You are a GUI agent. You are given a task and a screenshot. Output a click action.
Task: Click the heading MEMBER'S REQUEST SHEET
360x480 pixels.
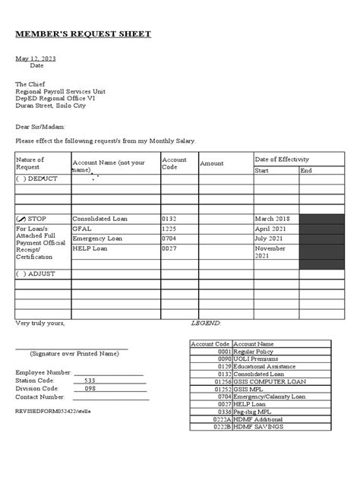(84, 34)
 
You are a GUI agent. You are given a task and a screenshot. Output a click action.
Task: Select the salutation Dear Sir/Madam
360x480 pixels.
(41, 127)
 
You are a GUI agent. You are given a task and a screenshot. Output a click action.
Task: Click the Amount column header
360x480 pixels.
(212, 163)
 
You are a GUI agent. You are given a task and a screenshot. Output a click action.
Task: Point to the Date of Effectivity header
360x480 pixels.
(282, 159)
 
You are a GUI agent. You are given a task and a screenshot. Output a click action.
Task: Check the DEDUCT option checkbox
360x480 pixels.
(21, 178)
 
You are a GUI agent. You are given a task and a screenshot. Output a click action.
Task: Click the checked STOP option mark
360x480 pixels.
(21, 219)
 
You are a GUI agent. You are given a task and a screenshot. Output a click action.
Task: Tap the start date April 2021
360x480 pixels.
(271, 228)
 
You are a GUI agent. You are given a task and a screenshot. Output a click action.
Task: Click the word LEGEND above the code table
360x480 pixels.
(205, 323)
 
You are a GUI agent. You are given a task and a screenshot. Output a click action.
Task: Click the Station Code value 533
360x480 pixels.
(90, 381)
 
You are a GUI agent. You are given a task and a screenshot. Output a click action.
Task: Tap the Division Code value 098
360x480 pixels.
(90, 388)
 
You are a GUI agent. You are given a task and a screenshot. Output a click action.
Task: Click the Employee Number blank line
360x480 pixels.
(108, 372)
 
